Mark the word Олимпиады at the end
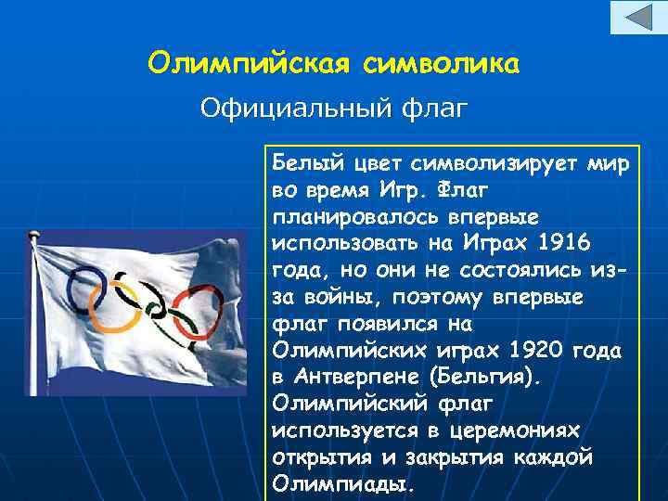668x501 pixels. pos(341,485)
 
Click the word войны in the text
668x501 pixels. pos(343,298)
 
